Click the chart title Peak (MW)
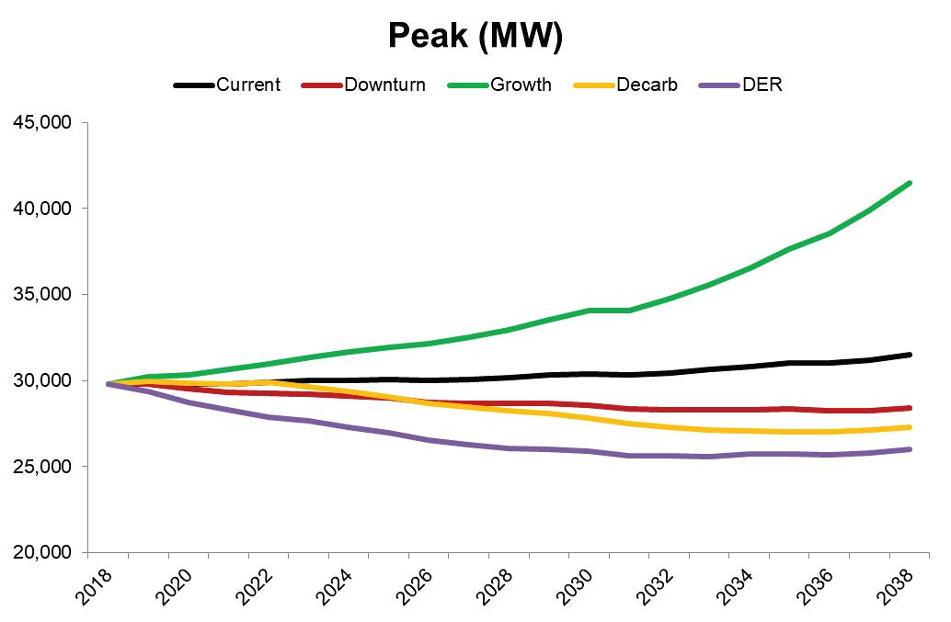475,35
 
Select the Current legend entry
247,85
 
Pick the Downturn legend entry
384,85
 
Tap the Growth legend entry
521,85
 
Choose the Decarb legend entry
647,85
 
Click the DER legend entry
762,85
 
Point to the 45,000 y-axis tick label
43,122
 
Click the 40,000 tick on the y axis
43,209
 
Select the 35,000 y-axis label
43,295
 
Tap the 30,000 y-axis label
43,380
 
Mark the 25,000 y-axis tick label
43,467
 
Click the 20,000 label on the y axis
43,553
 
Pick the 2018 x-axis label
96,584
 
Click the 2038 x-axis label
899,584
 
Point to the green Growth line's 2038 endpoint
909,183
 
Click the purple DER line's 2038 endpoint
909,449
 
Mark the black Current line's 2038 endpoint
909,355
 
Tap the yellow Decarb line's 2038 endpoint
909,427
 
